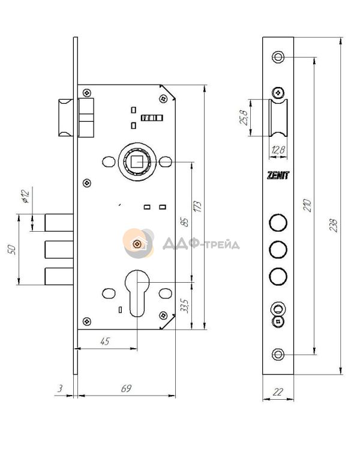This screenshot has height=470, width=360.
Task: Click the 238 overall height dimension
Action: click(x=333, y=225)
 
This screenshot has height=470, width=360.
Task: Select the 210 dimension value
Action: click(x=307, y=205)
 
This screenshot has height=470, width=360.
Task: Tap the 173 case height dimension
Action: click(x=197, y=206)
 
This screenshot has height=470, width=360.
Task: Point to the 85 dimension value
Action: click(x=185, y=221)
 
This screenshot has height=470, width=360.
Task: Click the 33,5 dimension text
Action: click(x=185, y=306)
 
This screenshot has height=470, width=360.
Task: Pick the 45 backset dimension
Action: click(x=105, y=341)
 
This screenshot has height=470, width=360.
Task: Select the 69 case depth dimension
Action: click(x=126, y=388)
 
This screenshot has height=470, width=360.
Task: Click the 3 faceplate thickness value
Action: click(x=60, y=388)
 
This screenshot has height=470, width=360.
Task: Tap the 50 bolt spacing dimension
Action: click(x=11, y=249)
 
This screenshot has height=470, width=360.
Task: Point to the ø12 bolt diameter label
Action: click(x=26, y=196)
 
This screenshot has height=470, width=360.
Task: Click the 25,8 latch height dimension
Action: click(x=243, y=118)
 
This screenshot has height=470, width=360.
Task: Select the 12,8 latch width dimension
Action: click(x=278, y=150)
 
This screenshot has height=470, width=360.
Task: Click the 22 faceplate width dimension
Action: click(x=278, y=391)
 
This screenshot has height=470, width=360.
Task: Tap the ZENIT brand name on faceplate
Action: click(x=278, y=175)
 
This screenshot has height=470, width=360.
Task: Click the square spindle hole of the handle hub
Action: click(x=137, y=162)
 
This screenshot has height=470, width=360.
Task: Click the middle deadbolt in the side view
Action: click(x=59, y=249)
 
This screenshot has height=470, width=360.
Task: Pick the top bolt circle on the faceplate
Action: click(x=278, y=223)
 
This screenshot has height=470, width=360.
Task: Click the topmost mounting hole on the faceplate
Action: click(x=278, y=56)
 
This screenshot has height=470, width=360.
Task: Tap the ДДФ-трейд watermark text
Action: click(x=201, y=243)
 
